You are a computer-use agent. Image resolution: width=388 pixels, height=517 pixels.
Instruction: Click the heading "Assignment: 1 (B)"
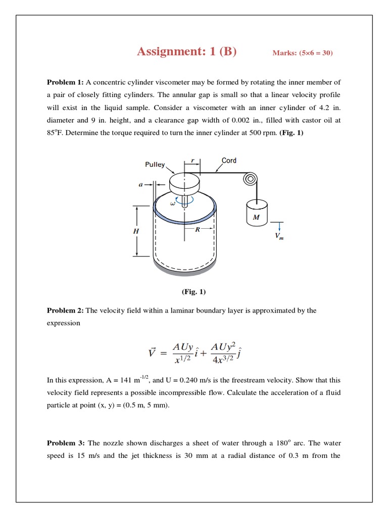click(186, 51)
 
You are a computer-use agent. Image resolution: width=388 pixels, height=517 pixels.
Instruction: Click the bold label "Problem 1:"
click(65, 82)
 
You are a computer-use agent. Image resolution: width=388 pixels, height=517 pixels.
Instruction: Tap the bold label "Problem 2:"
click(65, 311)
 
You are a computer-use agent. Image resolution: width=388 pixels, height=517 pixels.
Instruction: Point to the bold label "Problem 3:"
click(65, 443)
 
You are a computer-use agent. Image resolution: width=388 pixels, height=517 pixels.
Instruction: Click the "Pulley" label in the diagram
click(155, 165)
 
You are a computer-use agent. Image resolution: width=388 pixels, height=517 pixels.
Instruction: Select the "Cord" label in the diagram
click(229, 161)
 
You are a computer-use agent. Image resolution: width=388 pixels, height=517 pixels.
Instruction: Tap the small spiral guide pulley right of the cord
click(250, 179)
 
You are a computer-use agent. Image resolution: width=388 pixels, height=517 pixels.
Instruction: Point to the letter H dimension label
click(135, 231)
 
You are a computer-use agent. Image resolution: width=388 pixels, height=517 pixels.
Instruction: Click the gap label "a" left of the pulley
click(141, 184)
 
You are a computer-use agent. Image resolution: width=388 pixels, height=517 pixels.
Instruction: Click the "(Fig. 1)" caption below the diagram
click(193, 292)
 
